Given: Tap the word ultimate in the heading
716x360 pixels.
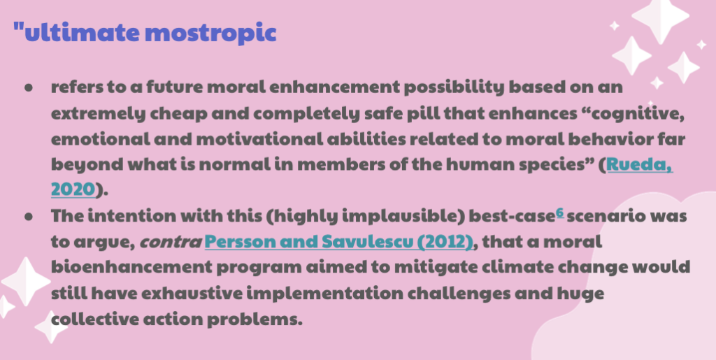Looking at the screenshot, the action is (83, 32).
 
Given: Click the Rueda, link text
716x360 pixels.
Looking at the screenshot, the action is (639, 165).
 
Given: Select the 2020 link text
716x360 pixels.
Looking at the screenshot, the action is (73, 189).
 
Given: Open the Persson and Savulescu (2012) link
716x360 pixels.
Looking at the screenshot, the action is (339, 241).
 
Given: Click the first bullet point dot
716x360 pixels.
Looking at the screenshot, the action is (29, 87).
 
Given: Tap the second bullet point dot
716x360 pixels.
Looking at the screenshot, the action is (29, 217).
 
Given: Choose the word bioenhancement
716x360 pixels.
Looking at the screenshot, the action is (131, 267).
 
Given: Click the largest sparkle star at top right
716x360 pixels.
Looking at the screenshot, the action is (660, 19).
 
